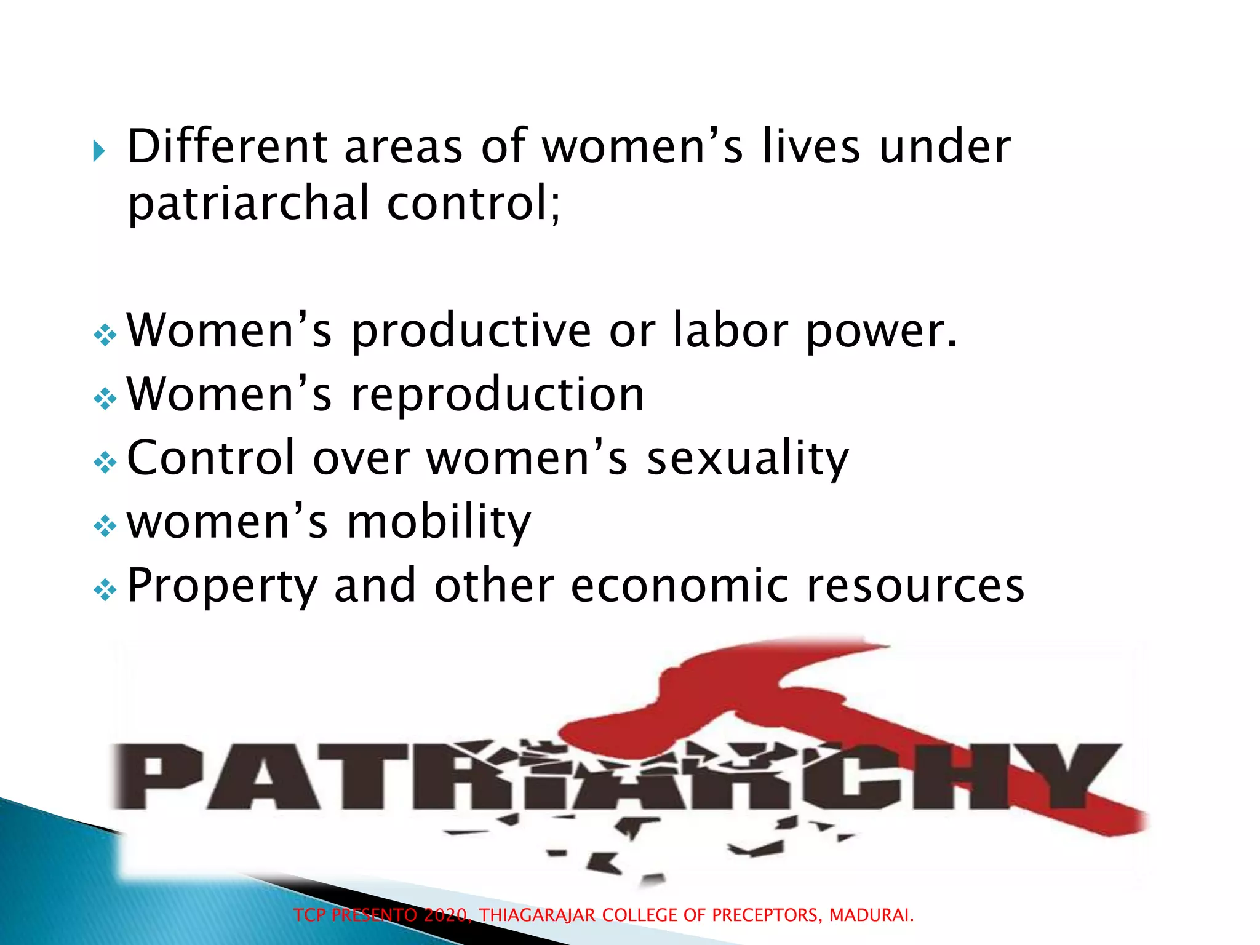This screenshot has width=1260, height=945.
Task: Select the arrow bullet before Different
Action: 99,151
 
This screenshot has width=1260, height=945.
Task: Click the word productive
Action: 471,332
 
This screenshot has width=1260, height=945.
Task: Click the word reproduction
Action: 497,395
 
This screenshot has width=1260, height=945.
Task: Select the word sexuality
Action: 748,459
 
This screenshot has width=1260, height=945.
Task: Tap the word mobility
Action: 439,522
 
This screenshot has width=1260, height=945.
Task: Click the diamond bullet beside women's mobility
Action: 105,527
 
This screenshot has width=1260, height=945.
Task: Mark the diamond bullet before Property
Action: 105,591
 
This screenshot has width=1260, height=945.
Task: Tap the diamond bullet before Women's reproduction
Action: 105,399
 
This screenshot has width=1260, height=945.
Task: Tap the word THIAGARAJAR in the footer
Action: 537,915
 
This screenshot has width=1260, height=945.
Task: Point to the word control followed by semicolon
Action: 472,203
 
